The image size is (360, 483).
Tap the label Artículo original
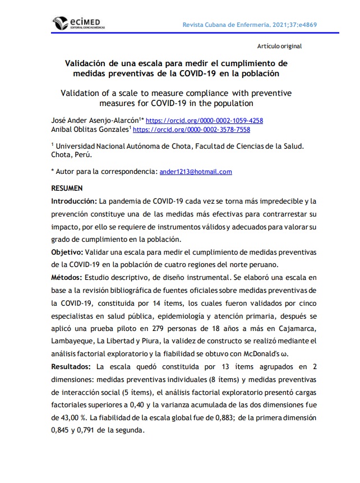pyautogui.click(x=279, y=46)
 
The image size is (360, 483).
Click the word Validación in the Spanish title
pyautogui.click(x=89, y=63)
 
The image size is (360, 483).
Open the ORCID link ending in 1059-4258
pyautogui.click(x=204, y=120)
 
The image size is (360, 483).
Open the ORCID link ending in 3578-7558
pyautogui.click(x=191, y=129)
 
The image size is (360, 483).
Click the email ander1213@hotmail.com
pyautogui.click(x=196, y=172)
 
